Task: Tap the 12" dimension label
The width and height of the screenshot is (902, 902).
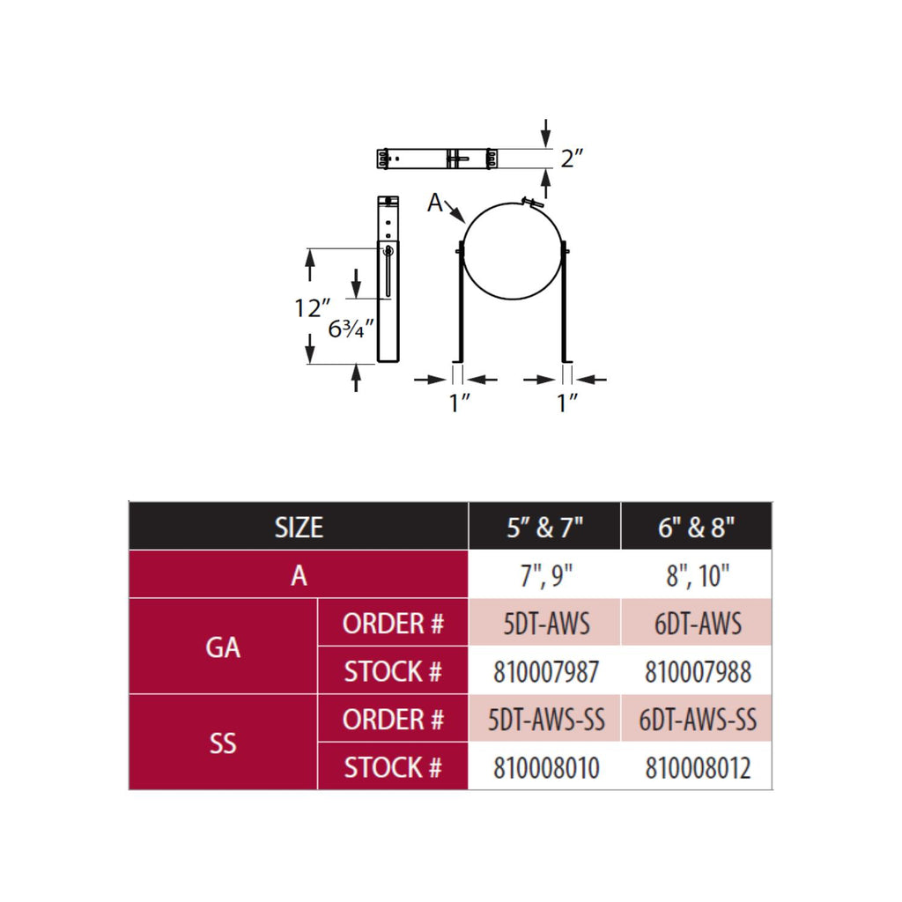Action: pos(313,307)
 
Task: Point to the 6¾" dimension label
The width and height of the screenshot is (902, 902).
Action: pos(351,329)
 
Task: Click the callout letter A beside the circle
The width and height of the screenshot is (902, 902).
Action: pos(435,203)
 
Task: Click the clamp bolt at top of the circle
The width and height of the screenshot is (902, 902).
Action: pos(532,202)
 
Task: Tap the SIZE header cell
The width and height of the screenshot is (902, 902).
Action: pos(299,527)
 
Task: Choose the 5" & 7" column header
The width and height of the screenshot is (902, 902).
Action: pos(544,527)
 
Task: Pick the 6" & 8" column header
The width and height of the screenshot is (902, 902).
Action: pos(697,527)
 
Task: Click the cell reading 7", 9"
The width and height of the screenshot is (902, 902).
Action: pos(544,574)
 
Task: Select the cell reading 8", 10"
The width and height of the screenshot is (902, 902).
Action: pos(697,574)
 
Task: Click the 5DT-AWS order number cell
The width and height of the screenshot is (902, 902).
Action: pos(544,623)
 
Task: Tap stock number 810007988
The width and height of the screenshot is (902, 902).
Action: pos(698,671)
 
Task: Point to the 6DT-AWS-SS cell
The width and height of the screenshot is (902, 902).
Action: pos(697,719)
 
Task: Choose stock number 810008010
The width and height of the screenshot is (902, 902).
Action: pos(546,767)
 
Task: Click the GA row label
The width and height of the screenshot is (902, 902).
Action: pos(223,647)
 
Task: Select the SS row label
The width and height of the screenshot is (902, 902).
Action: pos(223,743)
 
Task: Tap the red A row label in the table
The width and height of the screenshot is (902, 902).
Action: pos(299,574)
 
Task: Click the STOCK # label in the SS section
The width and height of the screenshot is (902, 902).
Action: pos(393,767)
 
